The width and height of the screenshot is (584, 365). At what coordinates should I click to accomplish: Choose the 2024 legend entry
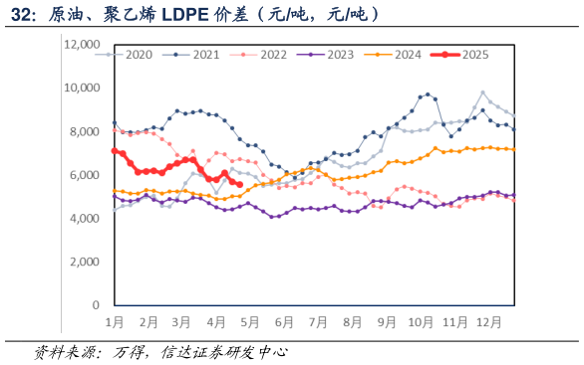click(x=401, y=54)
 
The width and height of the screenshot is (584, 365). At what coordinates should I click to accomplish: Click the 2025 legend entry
click(x=466, y=54)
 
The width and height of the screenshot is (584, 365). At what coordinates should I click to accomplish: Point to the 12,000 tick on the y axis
click(x=82, y=45)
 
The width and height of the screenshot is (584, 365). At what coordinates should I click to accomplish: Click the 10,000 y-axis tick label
click(x=82, y=88)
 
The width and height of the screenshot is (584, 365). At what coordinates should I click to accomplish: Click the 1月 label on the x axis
click(x=115, y=322)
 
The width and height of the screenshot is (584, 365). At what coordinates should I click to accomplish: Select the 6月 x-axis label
click(x=284, y=322)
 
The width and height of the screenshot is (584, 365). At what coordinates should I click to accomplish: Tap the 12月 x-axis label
click(x=488, y=322)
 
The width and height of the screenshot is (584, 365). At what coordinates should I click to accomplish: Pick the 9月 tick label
click(x=386, y=322)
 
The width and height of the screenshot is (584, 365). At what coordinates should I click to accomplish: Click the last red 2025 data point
click(x=239, y=184)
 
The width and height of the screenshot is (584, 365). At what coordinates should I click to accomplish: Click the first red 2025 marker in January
click(x=115, y=151)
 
